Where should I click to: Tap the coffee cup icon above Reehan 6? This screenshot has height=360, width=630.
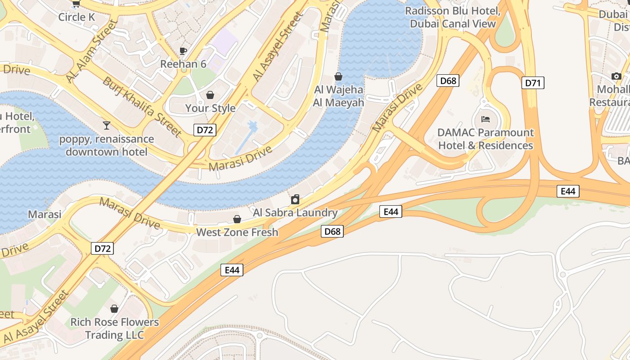(x=183, y=51)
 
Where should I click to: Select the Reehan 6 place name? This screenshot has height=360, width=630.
(x=183, y=64)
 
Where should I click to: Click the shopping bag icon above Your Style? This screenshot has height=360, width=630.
(x=210, y=95)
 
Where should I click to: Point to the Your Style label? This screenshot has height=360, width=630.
(x=210, y=108)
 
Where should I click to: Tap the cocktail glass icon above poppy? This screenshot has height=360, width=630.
(x=106, y=125)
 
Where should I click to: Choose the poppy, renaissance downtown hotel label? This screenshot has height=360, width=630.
(x=106, y=145)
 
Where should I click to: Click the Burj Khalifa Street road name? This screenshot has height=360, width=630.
(x=142, y=107)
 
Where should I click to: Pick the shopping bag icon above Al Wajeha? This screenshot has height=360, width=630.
(x=338, y=76)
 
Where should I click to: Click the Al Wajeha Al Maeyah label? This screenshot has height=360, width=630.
(x=338, y=96)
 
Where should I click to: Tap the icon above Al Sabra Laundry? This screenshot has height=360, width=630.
(x=295, y=199)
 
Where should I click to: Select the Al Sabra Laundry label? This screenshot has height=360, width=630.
(x=295, y=212)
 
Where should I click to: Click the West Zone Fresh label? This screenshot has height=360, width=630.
(x=237, y=232)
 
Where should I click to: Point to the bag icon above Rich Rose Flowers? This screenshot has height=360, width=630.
(x=114, y=309)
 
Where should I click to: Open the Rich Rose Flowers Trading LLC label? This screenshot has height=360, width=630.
(x=114, y=328)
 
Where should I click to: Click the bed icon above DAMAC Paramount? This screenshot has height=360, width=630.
(x=486, y=119)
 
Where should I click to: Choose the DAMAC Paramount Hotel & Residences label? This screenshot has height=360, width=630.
(x=486, y=139)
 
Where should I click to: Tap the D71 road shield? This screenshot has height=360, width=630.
(x=533, y=83)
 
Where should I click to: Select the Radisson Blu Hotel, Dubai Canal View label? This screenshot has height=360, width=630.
(x=453, y=17)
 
